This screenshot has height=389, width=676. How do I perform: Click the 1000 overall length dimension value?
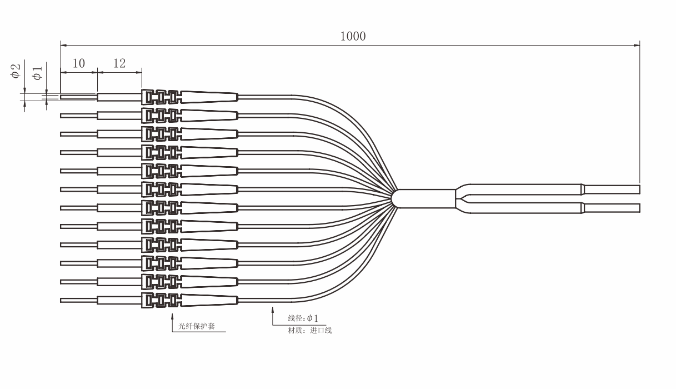(353, 36)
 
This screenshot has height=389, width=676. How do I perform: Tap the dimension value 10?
(79, 63)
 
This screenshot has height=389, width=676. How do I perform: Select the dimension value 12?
(119, 63)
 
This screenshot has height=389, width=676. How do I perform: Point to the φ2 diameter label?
(15, 71)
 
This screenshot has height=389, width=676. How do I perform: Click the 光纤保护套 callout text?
(197, 326)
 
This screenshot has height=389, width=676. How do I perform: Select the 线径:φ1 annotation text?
(303, 318)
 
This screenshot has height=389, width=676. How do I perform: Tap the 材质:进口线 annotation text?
(310, 331)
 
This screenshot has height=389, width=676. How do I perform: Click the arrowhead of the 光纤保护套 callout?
(172, 316)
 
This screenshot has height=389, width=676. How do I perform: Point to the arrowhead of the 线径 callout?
(273, 310)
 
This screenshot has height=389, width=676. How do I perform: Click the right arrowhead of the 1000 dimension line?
(637, 46)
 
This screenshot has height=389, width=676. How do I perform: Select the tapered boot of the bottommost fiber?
(210, 300)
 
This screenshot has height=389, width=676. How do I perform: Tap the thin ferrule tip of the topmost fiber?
(79, 97)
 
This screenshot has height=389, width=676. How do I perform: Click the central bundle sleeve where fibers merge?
(424, 199)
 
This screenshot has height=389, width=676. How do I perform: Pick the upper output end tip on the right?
(612, 189)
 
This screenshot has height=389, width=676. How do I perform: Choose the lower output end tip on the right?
(612, 208)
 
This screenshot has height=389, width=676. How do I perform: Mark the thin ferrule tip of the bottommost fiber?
(79, 300)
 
